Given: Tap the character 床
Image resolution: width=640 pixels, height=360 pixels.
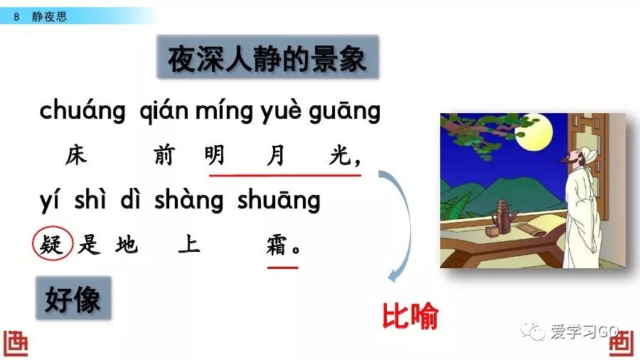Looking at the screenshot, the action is [76, 156].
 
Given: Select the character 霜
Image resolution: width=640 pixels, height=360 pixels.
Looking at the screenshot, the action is [277, 245].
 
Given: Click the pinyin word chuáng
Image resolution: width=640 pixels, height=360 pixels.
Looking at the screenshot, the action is [82, 111].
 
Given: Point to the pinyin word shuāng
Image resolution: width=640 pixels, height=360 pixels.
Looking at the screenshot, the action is [279, 201].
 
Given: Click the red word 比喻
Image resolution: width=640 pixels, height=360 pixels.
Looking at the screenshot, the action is [410, 315].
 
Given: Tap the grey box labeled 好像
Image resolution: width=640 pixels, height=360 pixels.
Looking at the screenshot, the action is [73, 298].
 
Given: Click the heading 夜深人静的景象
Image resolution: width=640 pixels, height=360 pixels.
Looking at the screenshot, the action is [267, 57].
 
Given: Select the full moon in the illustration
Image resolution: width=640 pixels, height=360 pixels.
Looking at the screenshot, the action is [533, 132].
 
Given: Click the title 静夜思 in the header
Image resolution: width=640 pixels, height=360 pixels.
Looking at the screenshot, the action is [49, 16].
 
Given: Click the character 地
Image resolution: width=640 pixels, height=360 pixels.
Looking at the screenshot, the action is [127, 245].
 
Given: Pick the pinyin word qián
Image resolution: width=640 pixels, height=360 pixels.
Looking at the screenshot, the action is [164, 111].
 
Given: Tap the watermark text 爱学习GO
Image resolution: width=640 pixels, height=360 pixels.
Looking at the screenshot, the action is [584, 331].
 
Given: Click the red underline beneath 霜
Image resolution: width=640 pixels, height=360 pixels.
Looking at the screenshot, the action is [283, 268].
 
